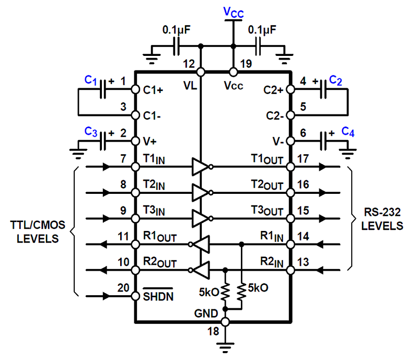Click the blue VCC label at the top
click(x=234, y=13)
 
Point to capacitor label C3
click(x=90, y=131)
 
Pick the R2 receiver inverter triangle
click(x=201, y=270)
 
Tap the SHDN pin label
click(x=159, y=296)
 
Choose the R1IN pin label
click(x=272, y=236)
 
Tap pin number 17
click(x=304, y=158)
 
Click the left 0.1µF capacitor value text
click(x=176, y=30)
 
